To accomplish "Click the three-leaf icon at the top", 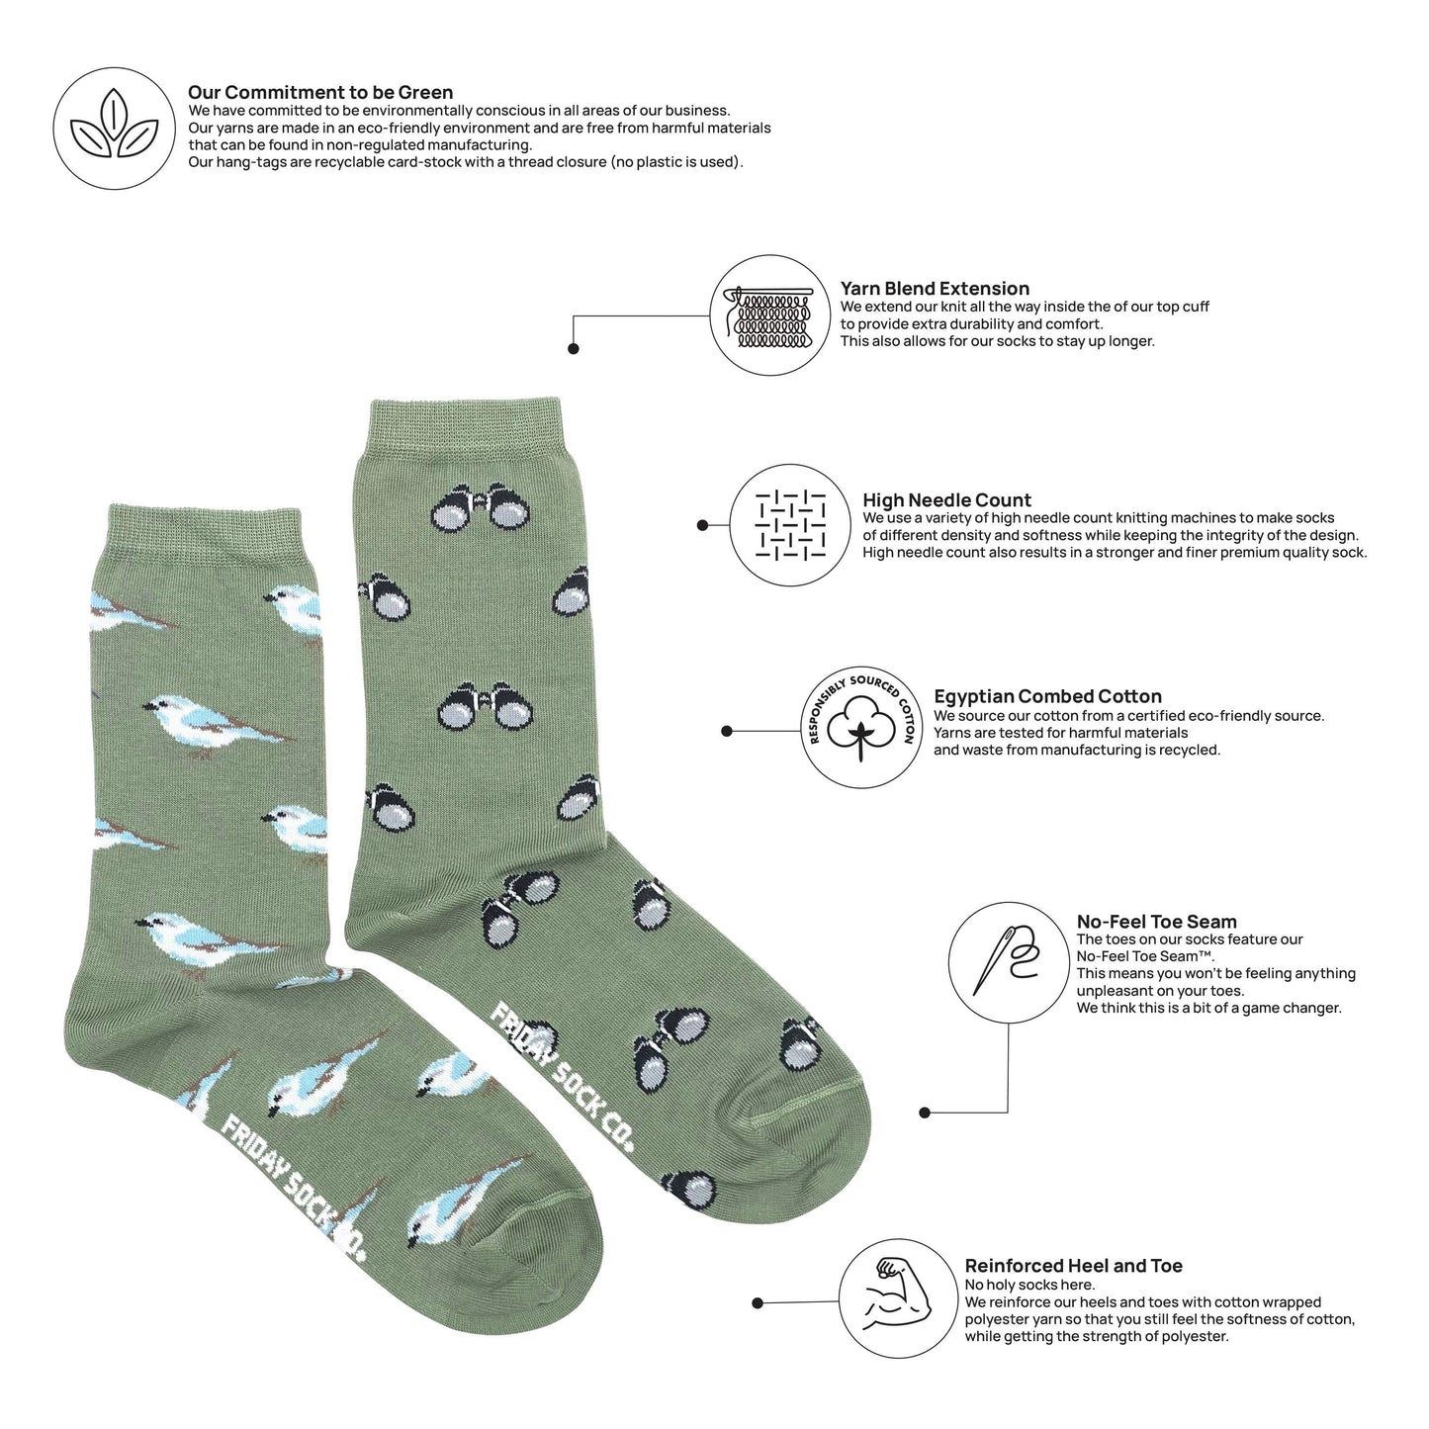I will (x=114, y=128).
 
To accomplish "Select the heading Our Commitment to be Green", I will (x=320, y=93).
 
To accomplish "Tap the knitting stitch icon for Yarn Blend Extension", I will (x=769, y=315).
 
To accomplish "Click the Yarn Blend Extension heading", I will (x=935, y=289).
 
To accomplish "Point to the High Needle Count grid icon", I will (x=789, y=524).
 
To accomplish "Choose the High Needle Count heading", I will (x=946, y=500).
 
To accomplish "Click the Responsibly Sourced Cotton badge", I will (x=861, y=727).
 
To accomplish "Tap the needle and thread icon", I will (x=1008, y=961).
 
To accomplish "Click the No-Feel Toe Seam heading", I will (x=1156, y=922).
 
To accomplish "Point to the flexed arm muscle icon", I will (x=899, y=1297).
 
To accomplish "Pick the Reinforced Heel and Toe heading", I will (x=1073, y=1266).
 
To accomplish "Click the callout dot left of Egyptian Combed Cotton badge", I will (x=727, y=732).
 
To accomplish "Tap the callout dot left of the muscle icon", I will (x=758, y=1303).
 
